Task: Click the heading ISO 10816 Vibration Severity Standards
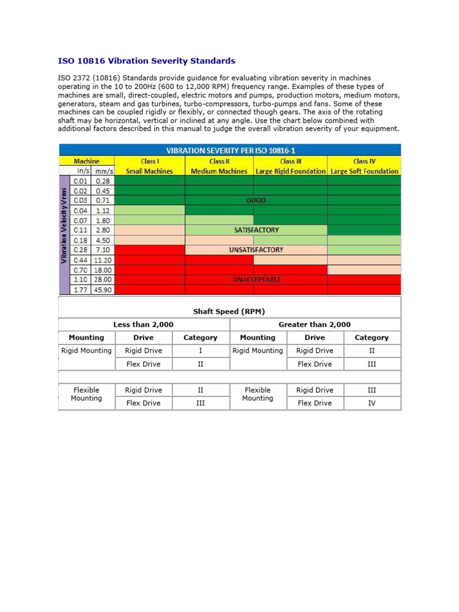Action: point(146,61)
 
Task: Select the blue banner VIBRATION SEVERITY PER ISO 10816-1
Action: point(229,149)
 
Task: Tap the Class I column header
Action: point(149,161)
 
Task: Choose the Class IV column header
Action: point(364,161)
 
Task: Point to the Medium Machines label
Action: point(219,171)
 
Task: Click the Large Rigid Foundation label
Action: point(291,171)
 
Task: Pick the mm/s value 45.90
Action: point(102,290)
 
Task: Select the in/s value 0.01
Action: point(80,180)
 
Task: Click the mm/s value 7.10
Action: point(102,250)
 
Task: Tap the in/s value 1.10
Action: point(80,280)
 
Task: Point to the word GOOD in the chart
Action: point(256,200)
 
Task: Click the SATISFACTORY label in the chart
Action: point(256,229)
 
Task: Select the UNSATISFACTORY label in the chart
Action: point(256,250)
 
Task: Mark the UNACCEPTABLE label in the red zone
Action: point(256,280)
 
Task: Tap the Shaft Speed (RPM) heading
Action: point(229,311)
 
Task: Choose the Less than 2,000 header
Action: point(143,325)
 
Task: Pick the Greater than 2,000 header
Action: point(315,325)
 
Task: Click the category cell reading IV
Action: point(372,403)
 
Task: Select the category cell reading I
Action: point(200,351)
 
